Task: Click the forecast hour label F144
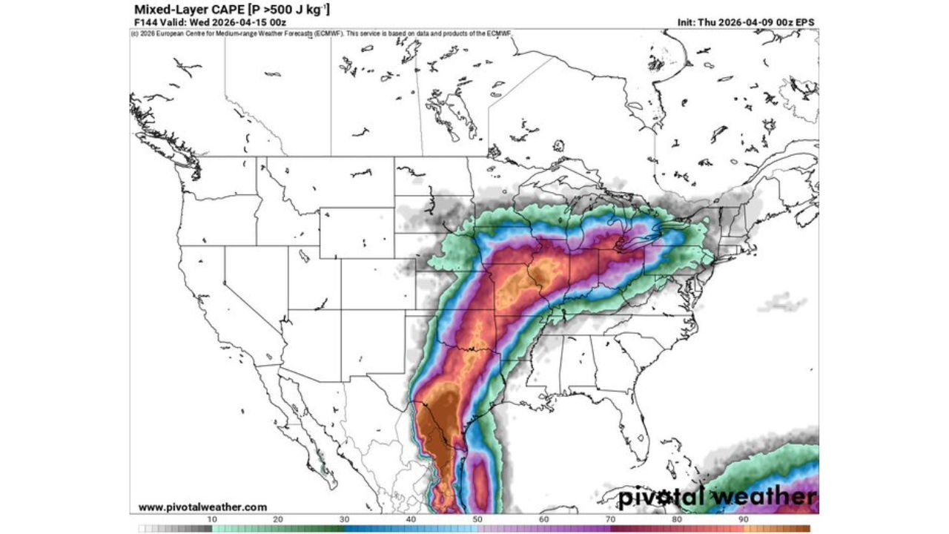(x=145, y=22)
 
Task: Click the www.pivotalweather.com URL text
(x=202, y=507)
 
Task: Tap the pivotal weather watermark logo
(x=718, y=496)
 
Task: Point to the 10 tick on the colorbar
(x=212, y=520)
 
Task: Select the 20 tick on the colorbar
(x=279, y=520)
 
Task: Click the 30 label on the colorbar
(x=345, y=520)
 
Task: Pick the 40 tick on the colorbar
(x=411, y=520)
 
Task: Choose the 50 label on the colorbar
(x=477, y=520)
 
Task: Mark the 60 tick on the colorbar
(x=544, y=520)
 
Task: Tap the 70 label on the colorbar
(x=610, y=520)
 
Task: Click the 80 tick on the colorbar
(x=677, y=520)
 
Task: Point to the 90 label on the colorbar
(x=743, y=520)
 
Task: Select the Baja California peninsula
(x=297, y=415)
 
